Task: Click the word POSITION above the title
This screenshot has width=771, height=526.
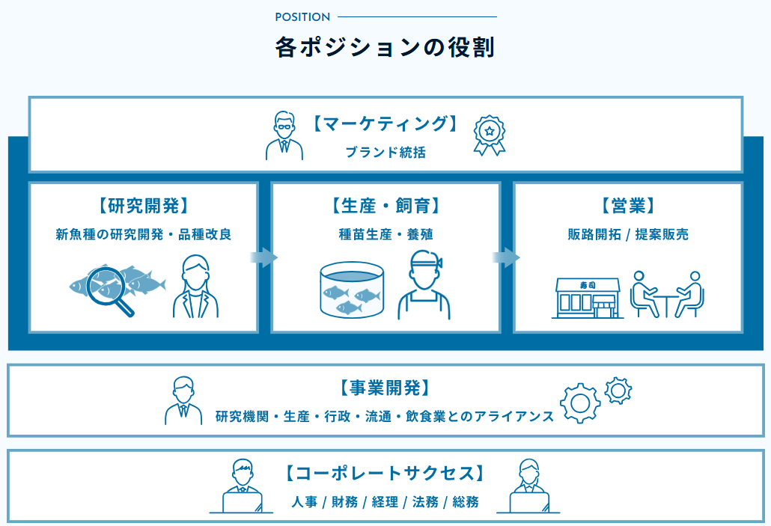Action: pyautogui.click(x=302, y=17)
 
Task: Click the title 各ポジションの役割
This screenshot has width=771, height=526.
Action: pyautogui.click(x=385, y=48)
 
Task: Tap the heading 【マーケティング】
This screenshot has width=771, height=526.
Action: pyautogui.click(x=385, y=123)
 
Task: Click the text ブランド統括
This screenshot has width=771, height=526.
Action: pyautogui.click(x=385, y=152)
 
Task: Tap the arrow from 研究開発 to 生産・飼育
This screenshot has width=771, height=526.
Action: pyautogui.click(x=263, y=257)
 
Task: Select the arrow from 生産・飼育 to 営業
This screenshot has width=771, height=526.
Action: pyautogui.click(x=506, y=257)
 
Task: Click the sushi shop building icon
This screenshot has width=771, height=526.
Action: pyautogui.click(x=588, y=298)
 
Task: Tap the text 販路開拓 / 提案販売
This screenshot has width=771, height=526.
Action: pyautogui.click(x=627, y=234)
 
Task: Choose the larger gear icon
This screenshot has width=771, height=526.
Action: pyautogui.click(x=580, y=403)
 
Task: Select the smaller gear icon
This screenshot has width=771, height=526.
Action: pyautogui.click(x=618, y=390)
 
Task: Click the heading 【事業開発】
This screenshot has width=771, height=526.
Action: pyautogui.click(x=385, y=388)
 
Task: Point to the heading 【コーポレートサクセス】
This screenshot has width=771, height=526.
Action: pyautogui.click(x=385, y=473)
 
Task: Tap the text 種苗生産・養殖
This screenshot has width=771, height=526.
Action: pyautogui.click(x=385, y=234)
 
